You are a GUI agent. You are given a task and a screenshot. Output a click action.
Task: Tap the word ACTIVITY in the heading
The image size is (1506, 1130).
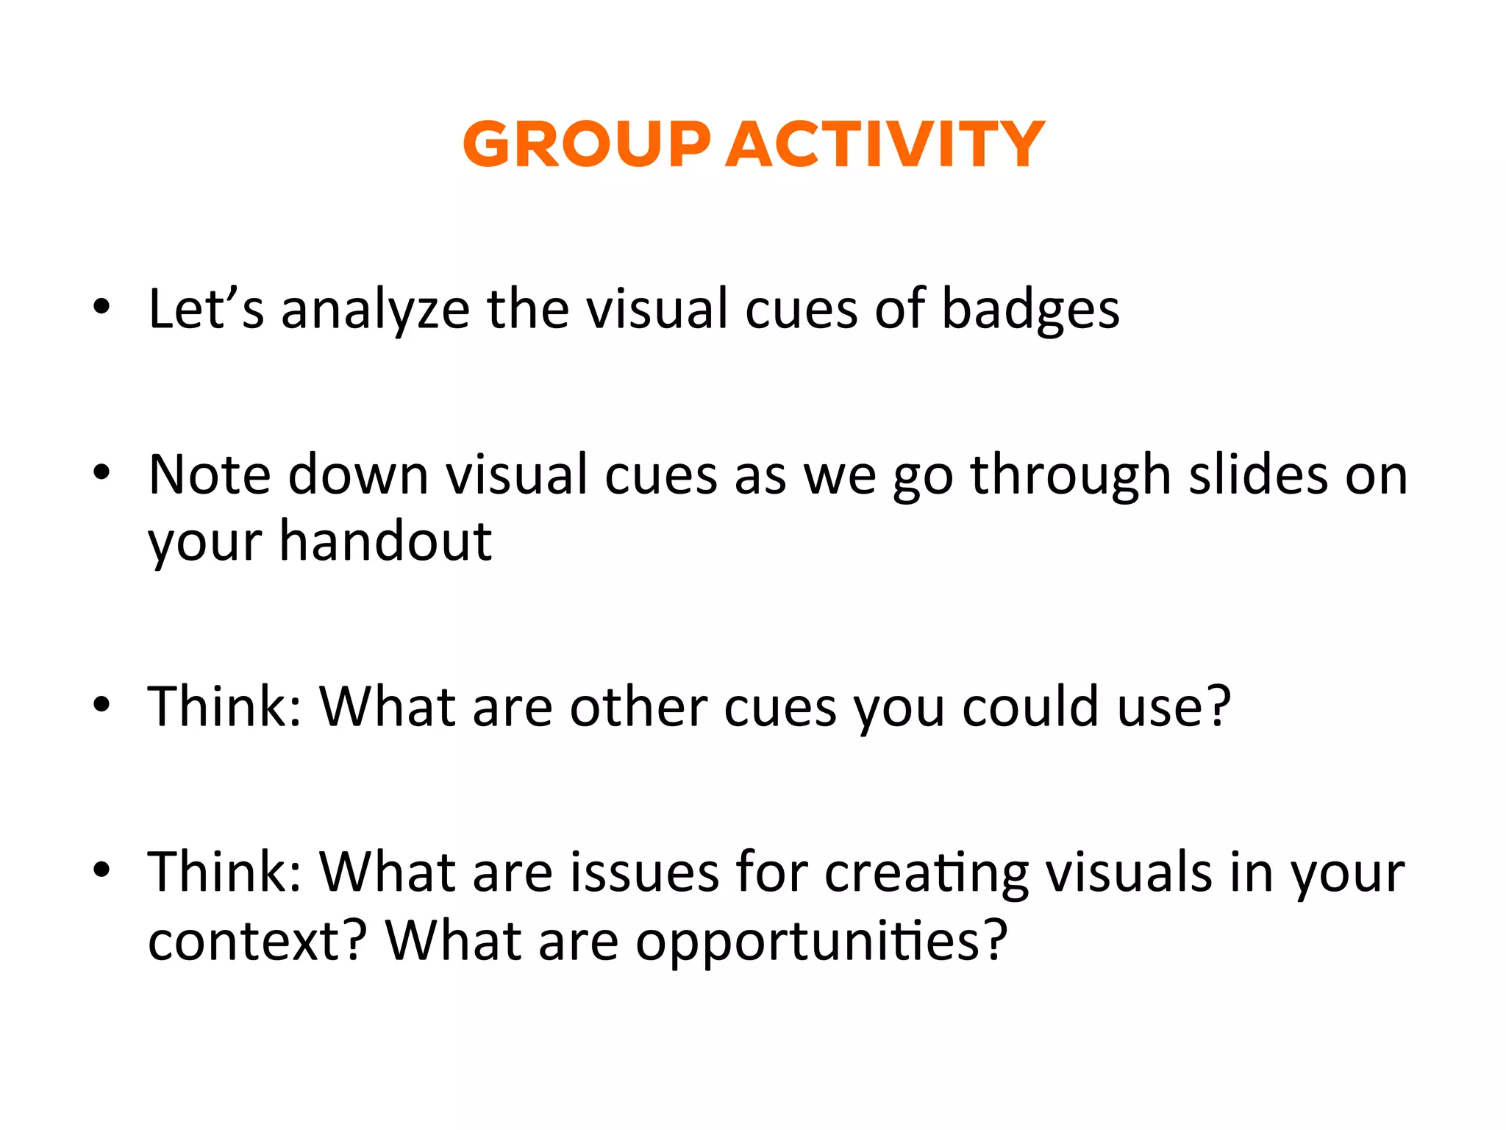[x=885, y=144]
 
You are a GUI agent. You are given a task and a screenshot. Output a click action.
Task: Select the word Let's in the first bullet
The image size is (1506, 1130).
[x=206, y=309]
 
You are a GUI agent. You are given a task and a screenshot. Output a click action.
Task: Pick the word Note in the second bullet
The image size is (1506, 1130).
[x=210, y=475]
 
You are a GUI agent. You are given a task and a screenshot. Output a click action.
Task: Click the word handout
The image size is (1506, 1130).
[x=385, y=543]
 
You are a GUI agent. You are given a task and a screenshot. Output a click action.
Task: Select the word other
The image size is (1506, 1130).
[x=638, y=707]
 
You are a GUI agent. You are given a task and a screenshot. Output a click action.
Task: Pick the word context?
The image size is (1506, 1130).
[x=257, y=942]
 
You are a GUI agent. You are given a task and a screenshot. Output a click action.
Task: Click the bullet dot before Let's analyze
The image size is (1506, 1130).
[x=101, y=306]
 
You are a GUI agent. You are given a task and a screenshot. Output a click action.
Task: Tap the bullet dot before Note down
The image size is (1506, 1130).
[x=101, y=472]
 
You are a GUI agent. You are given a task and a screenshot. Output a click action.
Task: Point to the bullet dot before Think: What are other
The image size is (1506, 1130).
[x=101, y=704]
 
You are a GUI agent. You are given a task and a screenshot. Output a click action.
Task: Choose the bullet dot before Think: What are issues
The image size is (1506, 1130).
[x=101, y=870]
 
